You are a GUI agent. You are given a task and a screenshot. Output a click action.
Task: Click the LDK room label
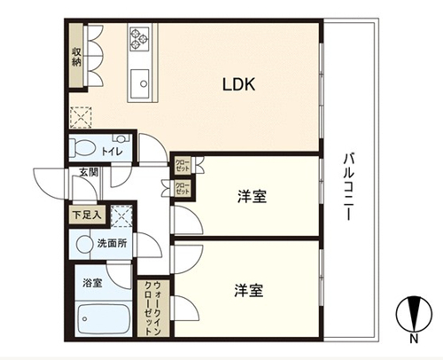click(238, 84)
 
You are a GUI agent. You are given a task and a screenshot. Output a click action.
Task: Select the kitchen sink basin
click(140, 83)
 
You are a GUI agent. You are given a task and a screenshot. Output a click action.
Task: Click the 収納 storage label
click(76, 57)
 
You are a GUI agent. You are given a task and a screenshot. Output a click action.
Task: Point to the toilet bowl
click(82, 147)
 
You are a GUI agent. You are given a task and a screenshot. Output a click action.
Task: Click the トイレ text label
click(112, 152)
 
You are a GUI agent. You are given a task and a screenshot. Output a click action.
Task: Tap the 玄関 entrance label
click(89, 173)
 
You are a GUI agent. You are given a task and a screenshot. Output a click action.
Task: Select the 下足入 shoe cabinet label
click(87, 215)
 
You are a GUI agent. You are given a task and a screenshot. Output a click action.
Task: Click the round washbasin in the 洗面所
click(84, 244)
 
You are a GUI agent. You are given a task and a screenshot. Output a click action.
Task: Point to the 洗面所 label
click(113, 243)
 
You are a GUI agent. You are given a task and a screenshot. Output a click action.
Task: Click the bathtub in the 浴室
click(104, 319)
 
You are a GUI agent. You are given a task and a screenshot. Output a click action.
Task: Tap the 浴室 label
click(92, 283)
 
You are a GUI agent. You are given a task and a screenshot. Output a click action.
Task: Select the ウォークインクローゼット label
click(153, 309)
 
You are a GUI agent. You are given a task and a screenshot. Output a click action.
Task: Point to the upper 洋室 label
click(252, 196)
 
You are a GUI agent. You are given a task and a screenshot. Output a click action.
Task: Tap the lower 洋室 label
click(249, 290)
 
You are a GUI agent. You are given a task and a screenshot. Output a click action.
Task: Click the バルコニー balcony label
click(348, 186)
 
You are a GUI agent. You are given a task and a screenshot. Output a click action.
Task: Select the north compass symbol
click(414, 314)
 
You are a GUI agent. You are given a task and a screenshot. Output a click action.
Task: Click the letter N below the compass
click(414, 339)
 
